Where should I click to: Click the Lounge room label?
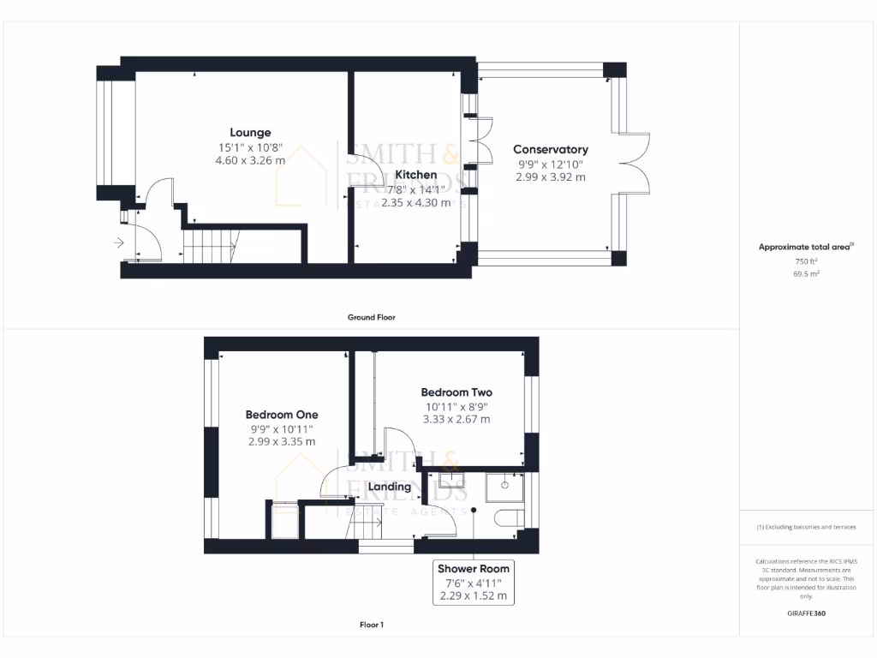click(x=250, y=133)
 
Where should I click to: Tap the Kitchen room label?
click(x=416, y=175)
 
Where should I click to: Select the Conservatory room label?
click(x=551, y=150)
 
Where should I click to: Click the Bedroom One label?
click(x=282, y=415)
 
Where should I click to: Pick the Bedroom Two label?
click(x=456, y=392)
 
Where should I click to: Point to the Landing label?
click(x=390, y=487)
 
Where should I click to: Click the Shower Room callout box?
click(x=474, y=582)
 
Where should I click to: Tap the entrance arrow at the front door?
click(x=118, y=243)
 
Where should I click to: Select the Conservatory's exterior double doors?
click(x=634, y=162)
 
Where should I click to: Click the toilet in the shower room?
click(x=510, y=517)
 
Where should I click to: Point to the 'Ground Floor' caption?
click(x=371, y=317)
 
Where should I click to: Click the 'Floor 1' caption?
click(x=371, y=625)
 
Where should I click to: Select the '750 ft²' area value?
click(x=807, y=261)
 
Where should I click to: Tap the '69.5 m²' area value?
click(x=807, y=274)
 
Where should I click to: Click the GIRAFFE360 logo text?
click(x=807, y=613)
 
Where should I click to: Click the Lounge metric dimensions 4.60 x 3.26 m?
click(x=250, y=160)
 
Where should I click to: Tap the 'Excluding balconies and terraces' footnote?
click(x=806, y=527)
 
